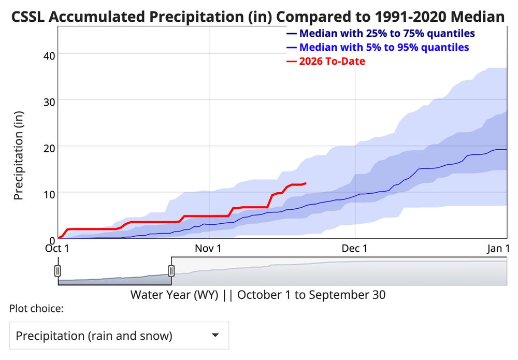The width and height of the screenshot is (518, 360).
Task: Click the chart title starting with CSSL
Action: click(257, 17)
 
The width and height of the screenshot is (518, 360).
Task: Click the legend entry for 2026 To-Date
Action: click(332, 61)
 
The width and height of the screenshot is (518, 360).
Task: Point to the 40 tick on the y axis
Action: click(49, 54)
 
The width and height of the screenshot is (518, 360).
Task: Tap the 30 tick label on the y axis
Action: click(49, 100)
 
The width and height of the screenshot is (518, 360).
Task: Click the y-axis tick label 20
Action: click(49, 146)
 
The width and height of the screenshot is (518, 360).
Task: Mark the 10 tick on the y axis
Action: click(49, 192)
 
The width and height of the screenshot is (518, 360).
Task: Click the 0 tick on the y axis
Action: click(52, 239)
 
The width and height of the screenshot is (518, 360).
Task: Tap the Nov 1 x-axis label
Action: click(208, 249)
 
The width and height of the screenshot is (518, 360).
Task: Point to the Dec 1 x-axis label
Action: click(355, 249)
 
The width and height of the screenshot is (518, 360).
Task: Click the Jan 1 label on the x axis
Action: click(497, 249)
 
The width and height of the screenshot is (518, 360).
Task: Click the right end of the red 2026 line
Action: click(306, 183)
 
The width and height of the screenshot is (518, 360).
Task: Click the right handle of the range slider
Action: click(171, 270)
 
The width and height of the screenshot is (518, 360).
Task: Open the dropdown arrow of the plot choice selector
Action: click(215, 335)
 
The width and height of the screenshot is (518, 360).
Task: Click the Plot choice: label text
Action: click(36, 309)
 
